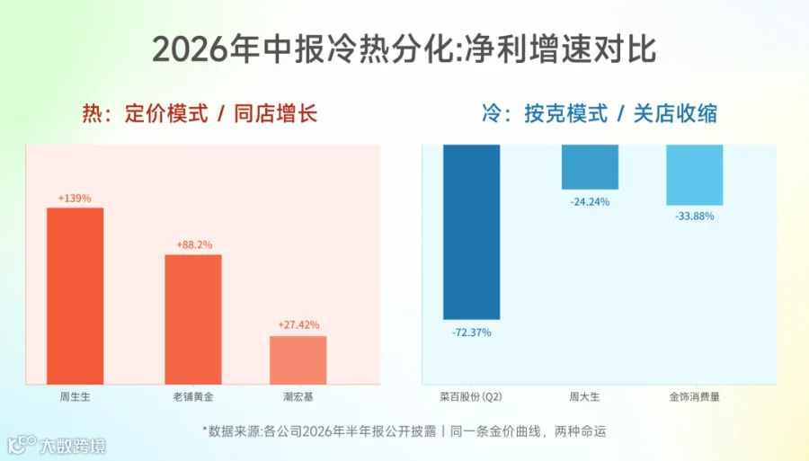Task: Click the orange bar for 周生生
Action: [76, 296]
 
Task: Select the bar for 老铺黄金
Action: [193, 319]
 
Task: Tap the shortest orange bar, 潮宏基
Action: [298, 360]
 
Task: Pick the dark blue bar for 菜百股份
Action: [472, 232]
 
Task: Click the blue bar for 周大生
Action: [590, 167]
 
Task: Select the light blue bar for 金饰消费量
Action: [695, 175]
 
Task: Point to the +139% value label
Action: [75, 199]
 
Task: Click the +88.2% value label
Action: [194, 245]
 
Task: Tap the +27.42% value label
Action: [298, 325]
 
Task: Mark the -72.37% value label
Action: [472, 332]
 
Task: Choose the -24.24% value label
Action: [590, 202]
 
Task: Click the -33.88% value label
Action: [695, 217]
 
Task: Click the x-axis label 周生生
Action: [75, 396]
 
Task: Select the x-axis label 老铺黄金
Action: [193, 396]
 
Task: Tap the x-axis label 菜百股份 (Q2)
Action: [471, 396]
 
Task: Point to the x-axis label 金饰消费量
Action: [695, 396]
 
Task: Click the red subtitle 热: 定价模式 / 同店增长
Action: [200, 113]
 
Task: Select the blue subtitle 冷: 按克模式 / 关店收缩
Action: [600, 113]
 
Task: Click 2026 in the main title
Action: [190, 49]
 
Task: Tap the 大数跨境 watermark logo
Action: [57, 445]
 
